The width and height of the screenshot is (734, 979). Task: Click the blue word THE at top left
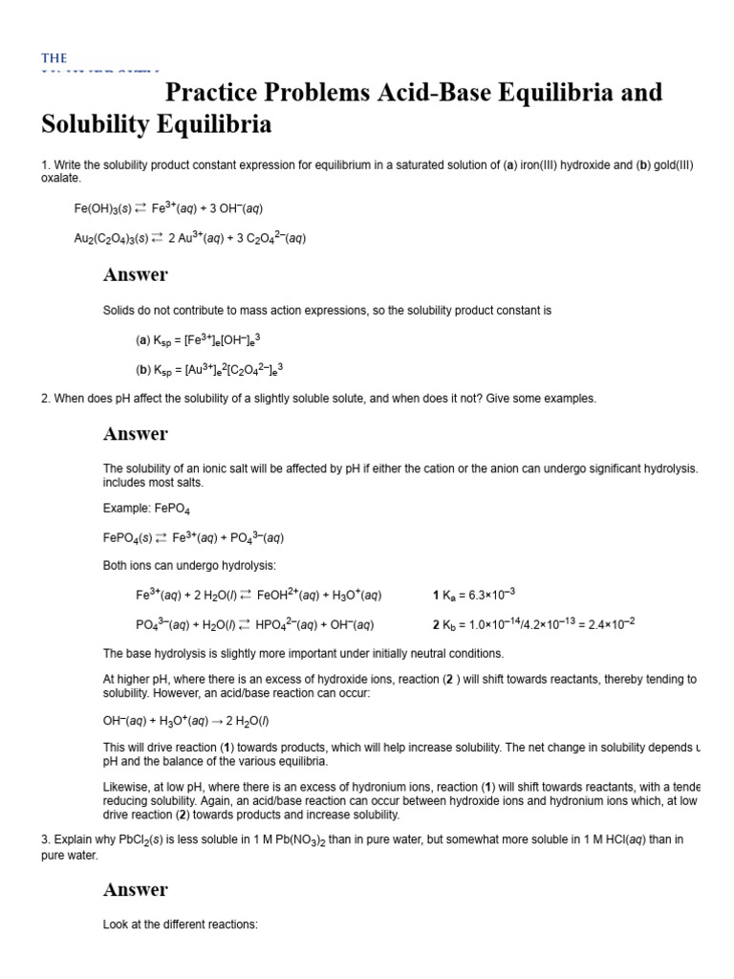pyautogui.click(x=54, y=58)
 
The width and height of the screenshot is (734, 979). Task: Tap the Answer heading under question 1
pyautogui.click(x=135, y=274)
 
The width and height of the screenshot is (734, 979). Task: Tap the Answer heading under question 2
pyautogui.click(x=135, y=433)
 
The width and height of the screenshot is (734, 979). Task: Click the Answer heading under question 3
pyautogui.click(x=135, y=889)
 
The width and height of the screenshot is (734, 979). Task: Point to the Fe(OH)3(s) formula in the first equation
pyautogui.click(x=102, y=207)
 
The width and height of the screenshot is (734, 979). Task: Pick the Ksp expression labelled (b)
pyautogui.click(x=209, y=369)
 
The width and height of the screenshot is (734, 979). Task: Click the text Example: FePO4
pyautogui.click(x=152, y=509)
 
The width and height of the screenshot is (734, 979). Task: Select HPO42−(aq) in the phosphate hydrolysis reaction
pyautogui.click(x=291, y=624)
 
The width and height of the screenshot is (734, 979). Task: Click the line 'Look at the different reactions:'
pyautogui.click(x=181, y=925)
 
